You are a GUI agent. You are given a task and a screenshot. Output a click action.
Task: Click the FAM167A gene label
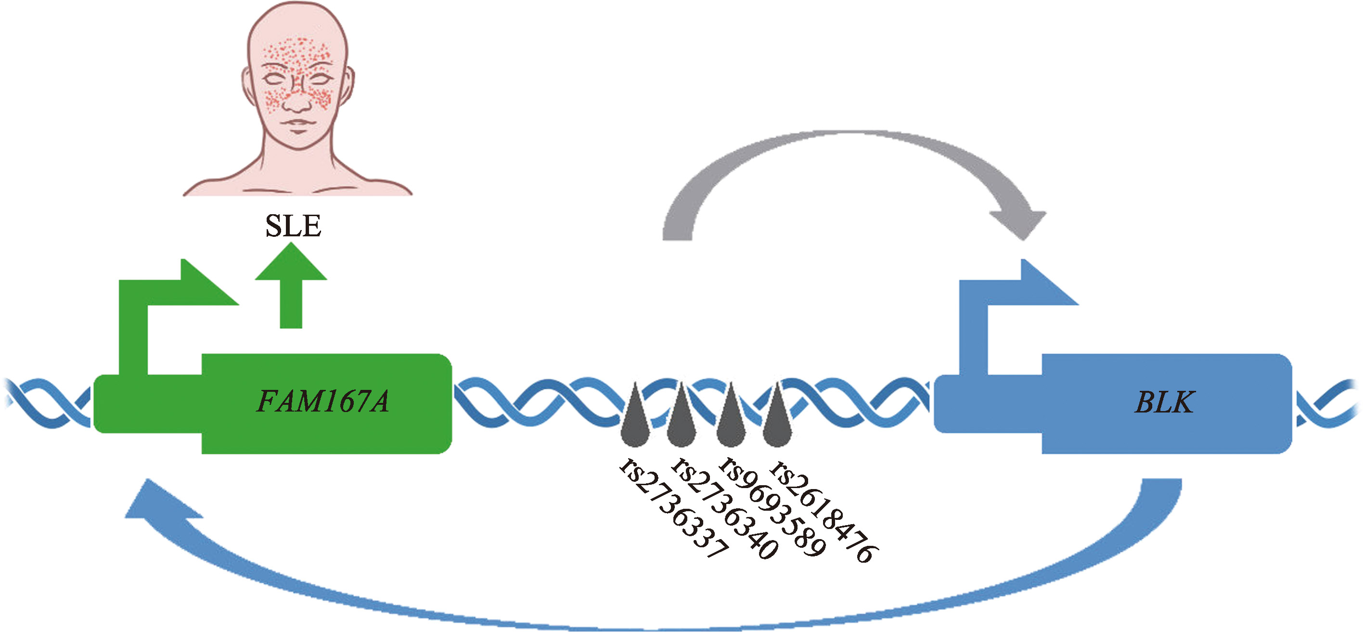pyautogui.click(x=322, y=401)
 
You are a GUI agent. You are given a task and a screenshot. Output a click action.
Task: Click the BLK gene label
pyautogui.click(x=1164, y=402)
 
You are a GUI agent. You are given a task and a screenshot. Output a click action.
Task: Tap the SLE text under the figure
pyautogui.click(x=293, y=226)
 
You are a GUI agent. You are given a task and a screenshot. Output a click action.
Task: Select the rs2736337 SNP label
pyautogui.click(x=674, y=509)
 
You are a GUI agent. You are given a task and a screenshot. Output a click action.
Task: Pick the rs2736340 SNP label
pyautogui.click(x=725, y=509)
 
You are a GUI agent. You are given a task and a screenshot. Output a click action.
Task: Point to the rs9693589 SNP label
pyautogui.click(x=772, y=507)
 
